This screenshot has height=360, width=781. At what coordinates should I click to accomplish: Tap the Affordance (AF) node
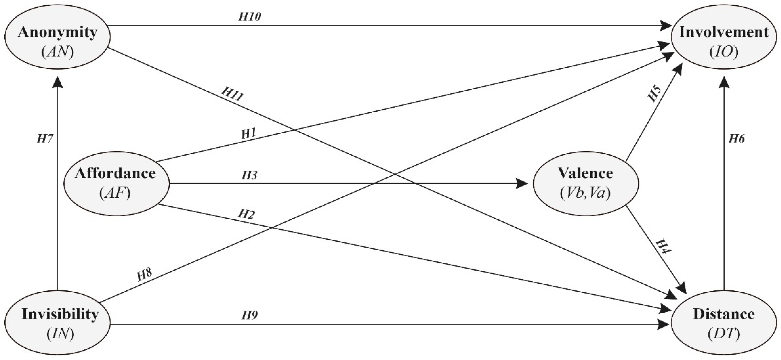[x=116, y=183]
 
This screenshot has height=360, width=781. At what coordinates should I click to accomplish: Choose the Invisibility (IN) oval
[x=57, y=324]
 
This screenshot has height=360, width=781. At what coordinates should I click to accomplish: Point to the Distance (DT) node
[x=724, y=324]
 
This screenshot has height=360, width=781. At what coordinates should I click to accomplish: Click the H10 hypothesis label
[x=249, y=17]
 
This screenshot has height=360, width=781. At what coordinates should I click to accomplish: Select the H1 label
[x=249, y=134]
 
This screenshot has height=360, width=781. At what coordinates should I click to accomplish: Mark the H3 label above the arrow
[x=249, y=175]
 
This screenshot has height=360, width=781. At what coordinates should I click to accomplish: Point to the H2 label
[x=246, y=214]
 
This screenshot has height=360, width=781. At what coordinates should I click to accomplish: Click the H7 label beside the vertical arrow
[x=45, y=139]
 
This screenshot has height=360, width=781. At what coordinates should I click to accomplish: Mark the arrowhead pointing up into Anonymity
[x=57, y=82]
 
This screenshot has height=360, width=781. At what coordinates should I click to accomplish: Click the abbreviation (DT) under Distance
[x=724, y=334]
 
